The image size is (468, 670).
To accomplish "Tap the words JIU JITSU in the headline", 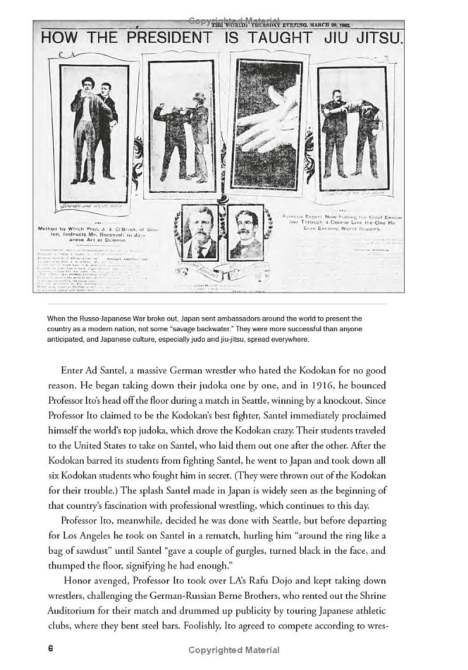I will pyautogui.click(x=362, y=39).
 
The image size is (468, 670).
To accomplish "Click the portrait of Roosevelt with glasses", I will pyautogui.click(x=200, y=232).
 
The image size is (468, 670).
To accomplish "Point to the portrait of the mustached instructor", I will pyautogui.click(x=245, y=232).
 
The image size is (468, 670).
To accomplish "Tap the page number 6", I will pyautogui.click(x=51, y=648).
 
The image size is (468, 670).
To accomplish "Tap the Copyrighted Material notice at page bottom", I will pyautogui.click(x=233, y=650).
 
